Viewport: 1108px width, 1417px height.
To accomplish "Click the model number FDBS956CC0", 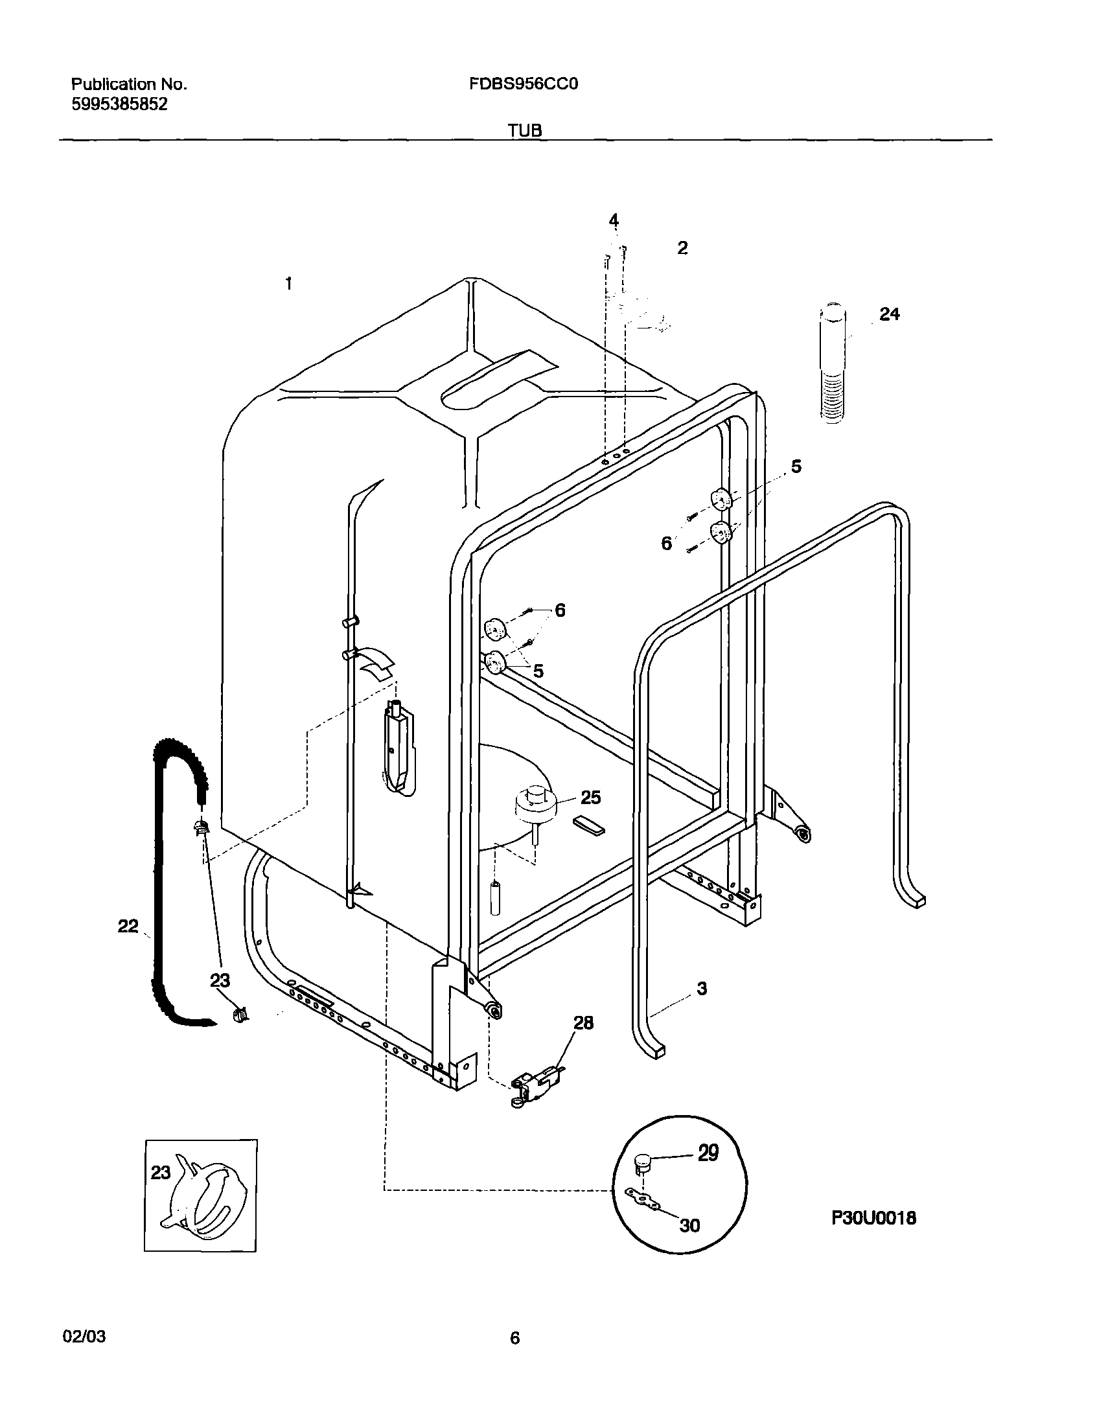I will (x=524, y=84).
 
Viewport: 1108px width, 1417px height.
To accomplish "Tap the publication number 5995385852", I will (x=119, y=104).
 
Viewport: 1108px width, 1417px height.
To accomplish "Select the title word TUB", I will (x=525, y=130).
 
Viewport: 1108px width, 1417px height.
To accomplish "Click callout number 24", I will (x=890, y=314).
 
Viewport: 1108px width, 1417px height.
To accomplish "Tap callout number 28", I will (x=583, y=1023).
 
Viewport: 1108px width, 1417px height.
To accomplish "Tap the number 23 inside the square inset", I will (x=161, y=1172).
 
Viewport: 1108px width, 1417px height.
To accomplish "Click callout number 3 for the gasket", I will (x=702, y=989).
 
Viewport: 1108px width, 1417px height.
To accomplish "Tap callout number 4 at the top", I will (x=614, y=220).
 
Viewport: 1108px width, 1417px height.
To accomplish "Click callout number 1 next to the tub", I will (x=289, y=284).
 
